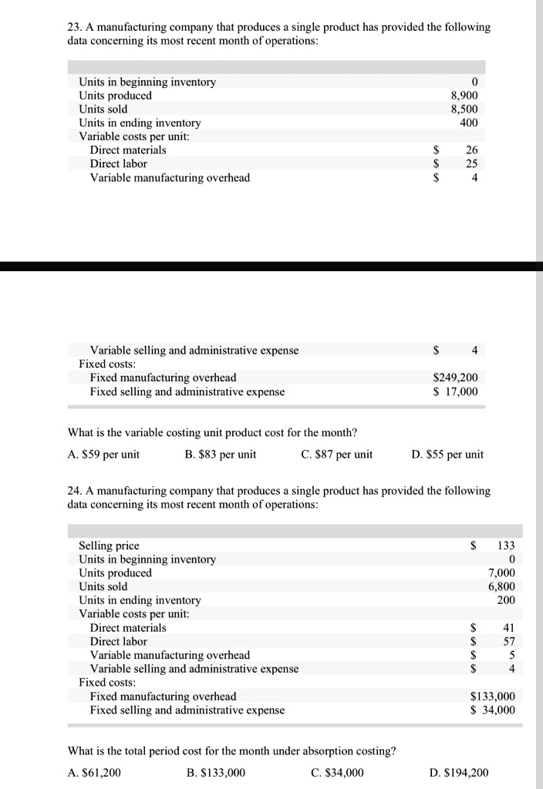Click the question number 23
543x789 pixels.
tap(74, 27)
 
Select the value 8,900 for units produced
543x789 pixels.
tap(464, 96)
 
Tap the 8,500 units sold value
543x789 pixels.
tap(464, 109)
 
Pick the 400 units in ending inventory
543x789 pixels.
tap(469, 123)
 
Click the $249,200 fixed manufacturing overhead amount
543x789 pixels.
tap(456, 378)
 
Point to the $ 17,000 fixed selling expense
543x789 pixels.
tap(456, 391)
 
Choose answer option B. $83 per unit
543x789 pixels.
tap(221, 454)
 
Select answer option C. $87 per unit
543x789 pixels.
tap(336, 454)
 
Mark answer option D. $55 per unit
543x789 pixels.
tap(448, 454)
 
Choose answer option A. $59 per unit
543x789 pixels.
tap(104, 454)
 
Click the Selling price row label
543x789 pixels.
tap(109, 546)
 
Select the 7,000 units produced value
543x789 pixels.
tap(501, 572)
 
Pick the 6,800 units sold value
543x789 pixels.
tap(501, 586)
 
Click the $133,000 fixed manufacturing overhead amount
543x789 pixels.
tap(492, 697)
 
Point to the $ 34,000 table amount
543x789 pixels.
tap(492, 710)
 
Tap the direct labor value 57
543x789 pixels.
tap(508, 641)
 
